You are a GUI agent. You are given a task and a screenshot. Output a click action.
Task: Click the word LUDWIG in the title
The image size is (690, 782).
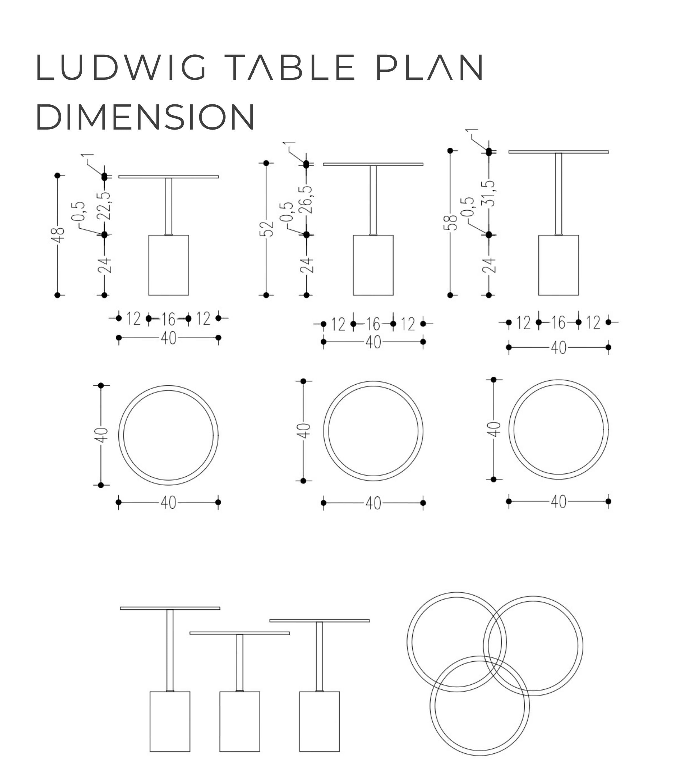121,67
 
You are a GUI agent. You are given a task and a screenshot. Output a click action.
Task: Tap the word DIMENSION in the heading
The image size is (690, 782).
145,117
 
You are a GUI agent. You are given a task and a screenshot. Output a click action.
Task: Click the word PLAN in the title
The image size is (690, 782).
430,67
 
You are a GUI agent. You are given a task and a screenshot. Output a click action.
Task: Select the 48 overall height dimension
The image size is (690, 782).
58,235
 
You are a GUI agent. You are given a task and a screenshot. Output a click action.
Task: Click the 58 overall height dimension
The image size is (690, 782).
450,223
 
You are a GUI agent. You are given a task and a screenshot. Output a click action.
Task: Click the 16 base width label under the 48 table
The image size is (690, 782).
168,319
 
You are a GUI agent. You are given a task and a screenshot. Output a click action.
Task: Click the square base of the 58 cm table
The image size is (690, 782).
558,265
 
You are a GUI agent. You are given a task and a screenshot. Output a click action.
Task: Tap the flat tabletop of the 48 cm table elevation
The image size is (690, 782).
169,177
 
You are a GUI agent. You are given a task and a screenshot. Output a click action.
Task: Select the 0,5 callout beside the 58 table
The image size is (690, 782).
467,207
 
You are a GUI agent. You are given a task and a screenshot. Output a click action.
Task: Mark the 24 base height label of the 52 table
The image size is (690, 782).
306,265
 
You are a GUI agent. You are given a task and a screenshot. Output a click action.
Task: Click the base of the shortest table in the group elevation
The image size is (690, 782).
240,721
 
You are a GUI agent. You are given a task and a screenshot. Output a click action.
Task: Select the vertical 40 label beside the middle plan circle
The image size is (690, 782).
303,431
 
